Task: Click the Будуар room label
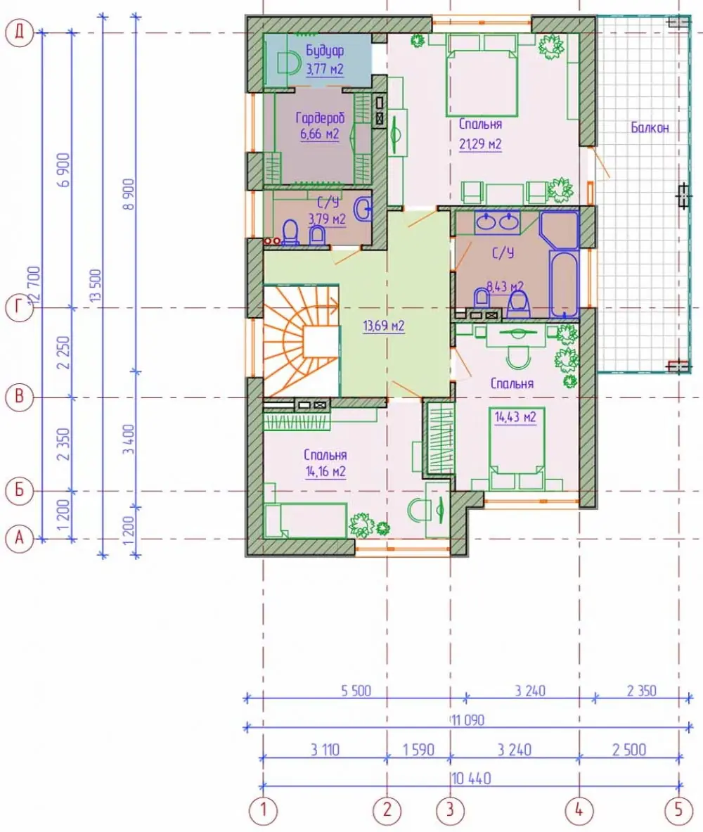(x=324, y=51)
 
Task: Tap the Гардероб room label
(x=319, y=117)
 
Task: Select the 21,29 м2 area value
(x=480, y=143)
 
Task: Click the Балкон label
(x=650, y=127)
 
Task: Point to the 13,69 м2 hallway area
(x=384, y=326)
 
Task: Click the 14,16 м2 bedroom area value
(x=325, y=471)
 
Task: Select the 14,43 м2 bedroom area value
(x=515, y=417)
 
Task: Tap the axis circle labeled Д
(x=19, y=33)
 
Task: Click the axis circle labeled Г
(x=19, y=308)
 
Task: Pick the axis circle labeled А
(x=19, y=539)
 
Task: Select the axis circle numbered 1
(x=263, y=810)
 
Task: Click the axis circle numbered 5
(x=678, y=810)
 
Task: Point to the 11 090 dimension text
(x=468, y=720)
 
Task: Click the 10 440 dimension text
(x=472, y=779)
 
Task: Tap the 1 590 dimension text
(x=418, y=750)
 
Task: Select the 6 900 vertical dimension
(x=64, y=169)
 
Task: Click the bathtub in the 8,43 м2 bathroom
(x=564, y=284)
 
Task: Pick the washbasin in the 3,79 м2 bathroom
(x=364, y=209)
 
